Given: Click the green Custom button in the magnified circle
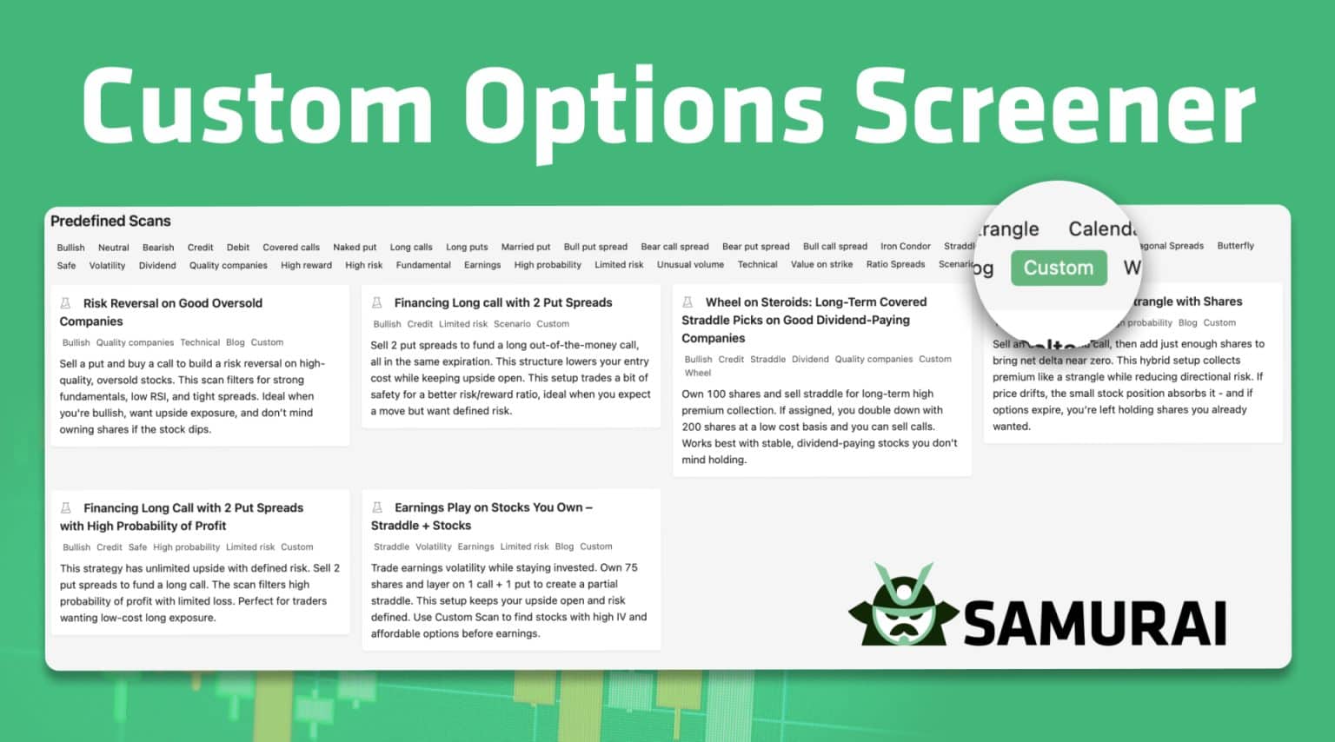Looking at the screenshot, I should [x=1059, y=268].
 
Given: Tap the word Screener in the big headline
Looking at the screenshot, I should [x=1054, y=109].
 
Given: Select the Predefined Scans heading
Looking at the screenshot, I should [x=110, y=221].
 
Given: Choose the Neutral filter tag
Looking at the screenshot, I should [x=113, y=248].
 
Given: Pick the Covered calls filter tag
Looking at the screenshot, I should [x=291, y=248].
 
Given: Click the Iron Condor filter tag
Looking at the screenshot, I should [x=905, y=247].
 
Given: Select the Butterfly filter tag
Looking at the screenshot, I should [x=1235, y=246].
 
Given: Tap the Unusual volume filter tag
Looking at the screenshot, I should [x=690, y=265].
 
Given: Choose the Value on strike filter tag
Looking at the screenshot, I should [x=821, y=264].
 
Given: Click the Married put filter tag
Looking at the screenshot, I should [x=526, y=247].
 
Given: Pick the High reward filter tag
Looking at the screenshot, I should [x=306, y=265].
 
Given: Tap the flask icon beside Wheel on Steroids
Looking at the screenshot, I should [x=687, y=302].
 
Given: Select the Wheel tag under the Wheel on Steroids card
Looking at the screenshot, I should [x=698, y=373].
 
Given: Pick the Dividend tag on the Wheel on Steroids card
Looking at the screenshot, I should [x=810, y=359].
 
